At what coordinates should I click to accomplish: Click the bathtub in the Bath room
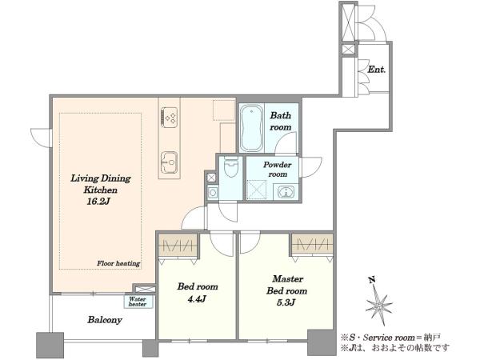coord(251,128)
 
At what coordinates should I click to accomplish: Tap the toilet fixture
coord(230,167)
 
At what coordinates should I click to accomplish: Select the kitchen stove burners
coord(170,117)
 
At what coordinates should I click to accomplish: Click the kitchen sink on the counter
coord(170,162)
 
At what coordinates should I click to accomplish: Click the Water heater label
coord(138,302)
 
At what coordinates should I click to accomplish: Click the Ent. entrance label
coord(376,70)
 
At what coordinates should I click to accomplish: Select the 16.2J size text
coord(98,202)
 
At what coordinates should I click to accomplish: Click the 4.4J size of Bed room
coord(196,298)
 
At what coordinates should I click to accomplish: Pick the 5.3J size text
coord(286,302)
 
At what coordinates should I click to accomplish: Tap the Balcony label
coord(105,320)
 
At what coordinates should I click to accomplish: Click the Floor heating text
coord(118,263)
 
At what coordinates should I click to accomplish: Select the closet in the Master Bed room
coord(312,244)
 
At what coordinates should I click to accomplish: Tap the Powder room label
coord(278,170)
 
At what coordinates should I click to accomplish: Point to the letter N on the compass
coord(372,280)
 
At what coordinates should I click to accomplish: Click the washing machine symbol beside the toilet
coord(213,193)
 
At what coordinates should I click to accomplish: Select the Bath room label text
coord(281,122)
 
